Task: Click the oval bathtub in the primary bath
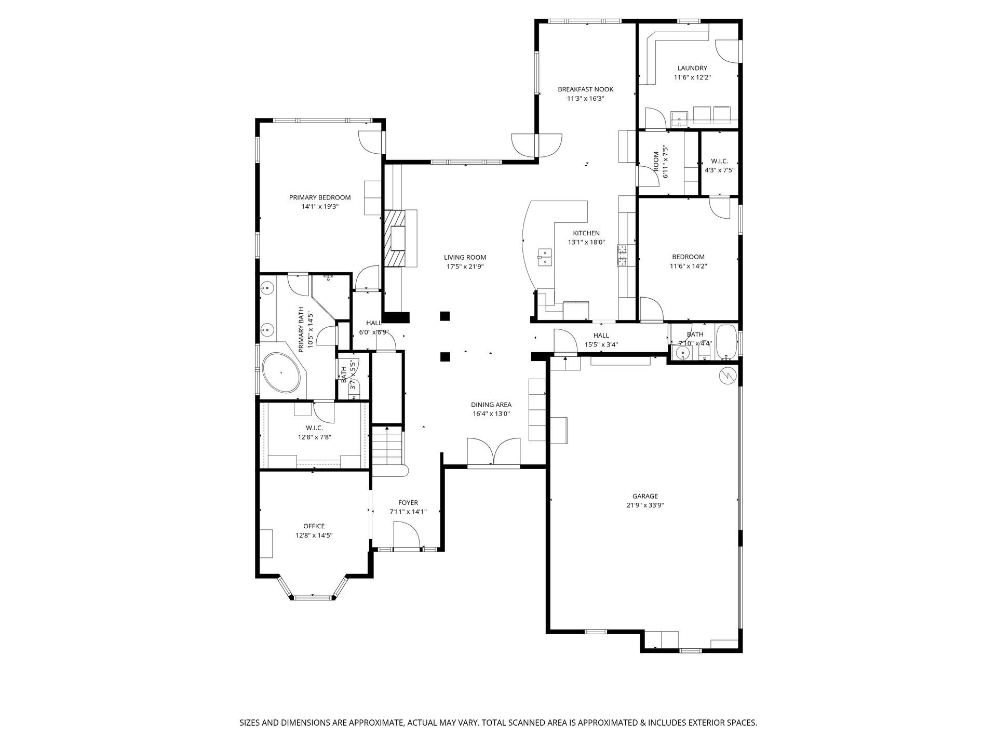281,372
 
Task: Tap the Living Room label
465,257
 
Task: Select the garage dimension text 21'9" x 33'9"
645,505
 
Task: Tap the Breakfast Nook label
585,89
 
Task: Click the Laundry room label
692,68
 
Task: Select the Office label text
314,526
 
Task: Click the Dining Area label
491,405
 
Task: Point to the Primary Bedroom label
320,197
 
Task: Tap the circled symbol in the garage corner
727,375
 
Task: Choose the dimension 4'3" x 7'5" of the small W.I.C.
720,170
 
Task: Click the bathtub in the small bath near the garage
726,343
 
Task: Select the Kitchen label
586,233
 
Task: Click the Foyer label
408,502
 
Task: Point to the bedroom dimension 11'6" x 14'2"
689,266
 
